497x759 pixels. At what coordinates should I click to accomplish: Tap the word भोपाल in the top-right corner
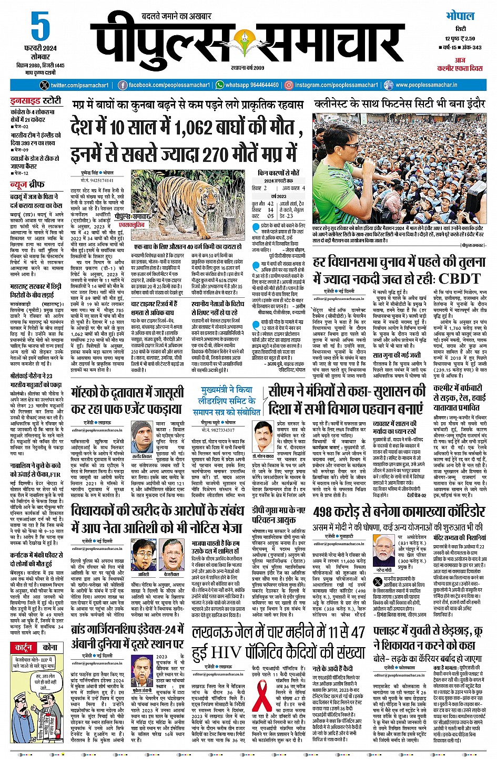tap(459, 16)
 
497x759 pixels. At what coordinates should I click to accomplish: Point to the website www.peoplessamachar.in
tap(426, 85)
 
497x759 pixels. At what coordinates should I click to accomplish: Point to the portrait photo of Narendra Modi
tap(384, 550)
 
